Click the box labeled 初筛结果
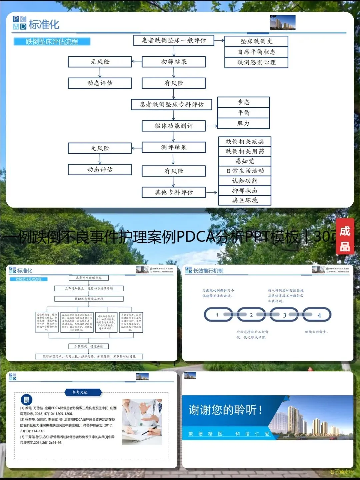pos(174,62)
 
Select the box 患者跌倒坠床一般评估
pos(174,40)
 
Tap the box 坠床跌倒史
pos(256,41)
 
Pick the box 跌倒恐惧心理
pos(256,62)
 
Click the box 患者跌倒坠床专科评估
pos(172,104)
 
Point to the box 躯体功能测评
pos(174,126)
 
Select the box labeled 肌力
pos(243,123)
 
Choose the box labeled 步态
pos(243,102)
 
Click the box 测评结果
pos(174,147)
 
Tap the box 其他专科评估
pos(174,192)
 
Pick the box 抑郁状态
pos(245,190)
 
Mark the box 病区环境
pos(245,200)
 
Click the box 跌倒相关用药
pos(245,151)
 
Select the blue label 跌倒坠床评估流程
pos(52,42)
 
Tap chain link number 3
pos(284,315)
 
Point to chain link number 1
pos(217,315)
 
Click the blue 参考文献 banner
pos(80,392)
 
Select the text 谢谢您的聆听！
pos(225,410)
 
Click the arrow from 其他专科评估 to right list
pos(211,192)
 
